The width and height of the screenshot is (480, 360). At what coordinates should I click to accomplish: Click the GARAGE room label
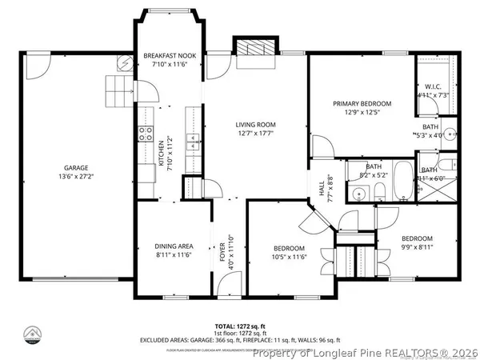[76, 167]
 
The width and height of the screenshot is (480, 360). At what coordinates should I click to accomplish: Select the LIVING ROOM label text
[255, 125]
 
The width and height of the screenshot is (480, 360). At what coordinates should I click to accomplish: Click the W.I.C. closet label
[433, 86]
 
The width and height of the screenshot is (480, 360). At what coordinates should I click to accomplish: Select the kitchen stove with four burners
[146, 134]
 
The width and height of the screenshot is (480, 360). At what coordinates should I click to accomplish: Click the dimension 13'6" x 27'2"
[76, 176]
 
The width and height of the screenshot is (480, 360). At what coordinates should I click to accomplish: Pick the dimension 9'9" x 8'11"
[417, 248]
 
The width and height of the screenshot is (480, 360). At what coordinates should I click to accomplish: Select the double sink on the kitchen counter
[193, 142]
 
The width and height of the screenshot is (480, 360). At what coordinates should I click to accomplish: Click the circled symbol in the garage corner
[126, 62]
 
